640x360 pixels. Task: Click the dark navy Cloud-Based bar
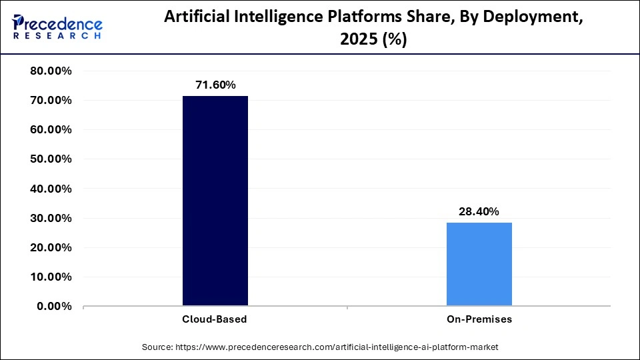(x=215, y=201)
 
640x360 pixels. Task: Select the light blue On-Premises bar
(x=479, y=264)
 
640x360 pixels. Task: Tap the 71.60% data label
(x=215, y=85)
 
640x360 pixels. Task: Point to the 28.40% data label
(x=479, y=211)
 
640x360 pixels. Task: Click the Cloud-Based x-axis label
(x=215, y=319)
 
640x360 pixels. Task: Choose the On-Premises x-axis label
(x=479, y=319)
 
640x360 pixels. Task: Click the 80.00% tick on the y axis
(x=51, y=71)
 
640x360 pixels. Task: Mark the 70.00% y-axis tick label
(x=51, y=101)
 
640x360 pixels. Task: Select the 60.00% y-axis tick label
(x=51, y=130)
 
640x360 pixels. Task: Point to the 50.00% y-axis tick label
(x=51, y=159)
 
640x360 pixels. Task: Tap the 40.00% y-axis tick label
(x=51, y=189)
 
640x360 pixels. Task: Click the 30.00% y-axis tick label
(x=51, y=218)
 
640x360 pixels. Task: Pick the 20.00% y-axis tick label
(x=51, y=247)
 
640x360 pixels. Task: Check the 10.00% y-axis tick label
(x=51, y=277)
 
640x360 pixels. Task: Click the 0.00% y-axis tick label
(x=54, y=306)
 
